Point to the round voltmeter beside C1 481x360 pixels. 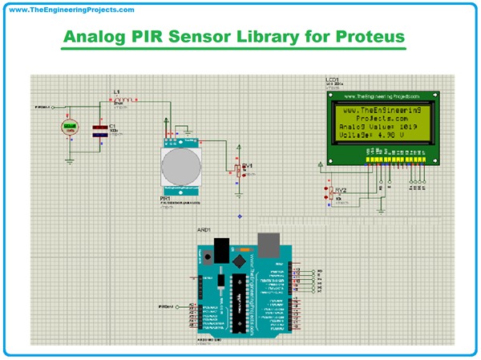(70, 126)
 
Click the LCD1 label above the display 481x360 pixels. (331, 80)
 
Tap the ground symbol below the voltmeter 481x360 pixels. (70, 160)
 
